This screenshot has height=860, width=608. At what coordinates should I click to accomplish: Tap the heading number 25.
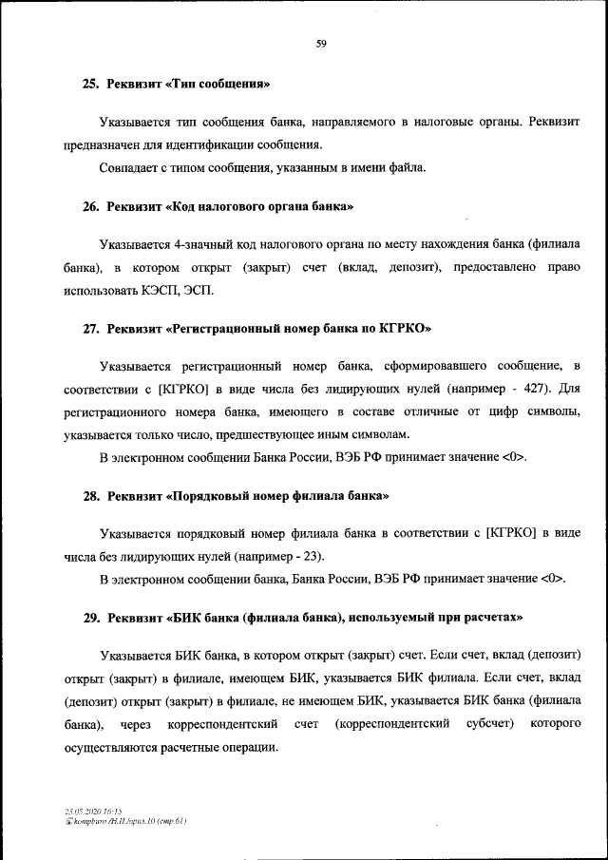coord(90,85)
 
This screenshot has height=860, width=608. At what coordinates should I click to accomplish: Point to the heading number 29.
coord(90,618)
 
